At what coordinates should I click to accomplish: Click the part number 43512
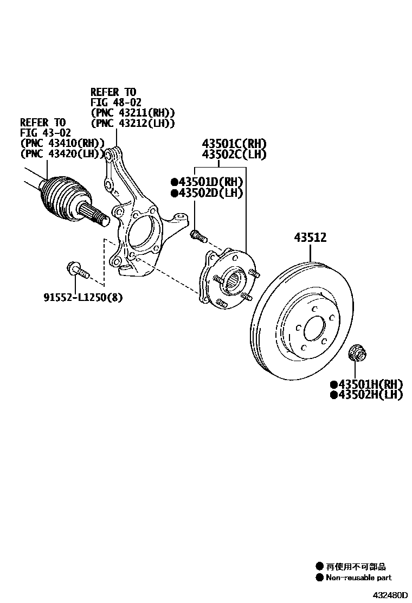click(311, 238)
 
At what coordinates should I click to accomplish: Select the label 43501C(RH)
click(235, 144)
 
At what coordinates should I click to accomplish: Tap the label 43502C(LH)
click(234, 155)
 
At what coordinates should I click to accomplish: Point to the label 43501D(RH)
click(207, 182)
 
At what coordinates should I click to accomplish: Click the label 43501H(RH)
click(366, 384)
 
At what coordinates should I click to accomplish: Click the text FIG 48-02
click(113, 102)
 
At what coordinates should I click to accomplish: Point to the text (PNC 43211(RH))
click(133, 113)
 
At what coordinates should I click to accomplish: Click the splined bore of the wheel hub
click(235, 280)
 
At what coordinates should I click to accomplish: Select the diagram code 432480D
click(389, 594)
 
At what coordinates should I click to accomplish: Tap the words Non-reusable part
click(358, 578)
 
